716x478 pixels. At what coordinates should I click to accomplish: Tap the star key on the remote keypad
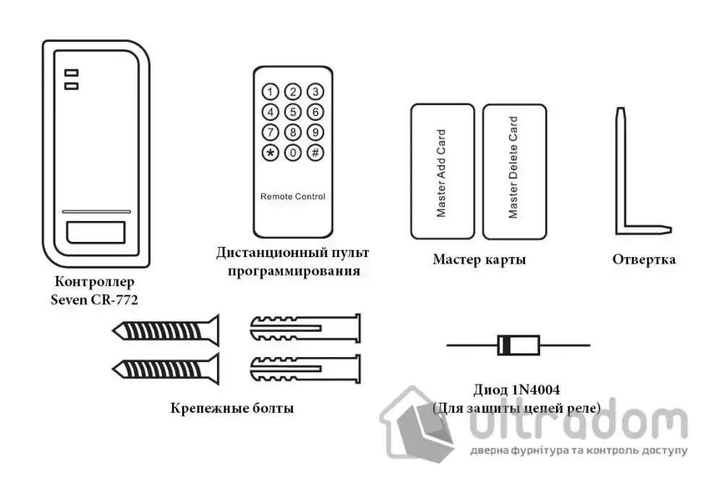point(270,152)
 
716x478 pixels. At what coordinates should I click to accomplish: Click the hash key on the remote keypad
point(315,152)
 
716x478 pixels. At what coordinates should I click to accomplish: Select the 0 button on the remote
point(293,152)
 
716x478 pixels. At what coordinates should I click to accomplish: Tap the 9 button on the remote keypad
point(315,133)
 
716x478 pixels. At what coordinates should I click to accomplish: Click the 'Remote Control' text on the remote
point(293,197)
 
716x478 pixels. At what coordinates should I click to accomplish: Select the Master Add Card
point(443,172)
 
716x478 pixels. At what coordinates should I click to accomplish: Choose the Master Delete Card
point(515,172)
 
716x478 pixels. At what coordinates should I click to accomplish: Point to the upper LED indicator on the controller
point(71,72)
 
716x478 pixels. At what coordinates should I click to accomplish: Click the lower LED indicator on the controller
point(71,86)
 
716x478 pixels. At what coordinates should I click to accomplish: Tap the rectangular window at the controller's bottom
point(96,232)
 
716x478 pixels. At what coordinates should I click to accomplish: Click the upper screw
point(166,330)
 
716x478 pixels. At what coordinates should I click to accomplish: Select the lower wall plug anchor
point(305,369)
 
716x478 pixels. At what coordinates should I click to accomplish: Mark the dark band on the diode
point(504,345)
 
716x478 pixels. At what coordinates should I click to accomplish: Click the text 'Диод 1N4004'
point(516,390)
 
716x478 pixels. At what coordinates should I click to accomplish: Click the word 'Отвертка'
point(644,259)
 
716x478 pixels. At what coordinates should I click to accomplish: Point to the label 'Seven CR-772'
point(95,300)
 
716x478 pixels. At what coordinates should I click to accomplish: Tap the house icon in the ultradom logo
point(417,424)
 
